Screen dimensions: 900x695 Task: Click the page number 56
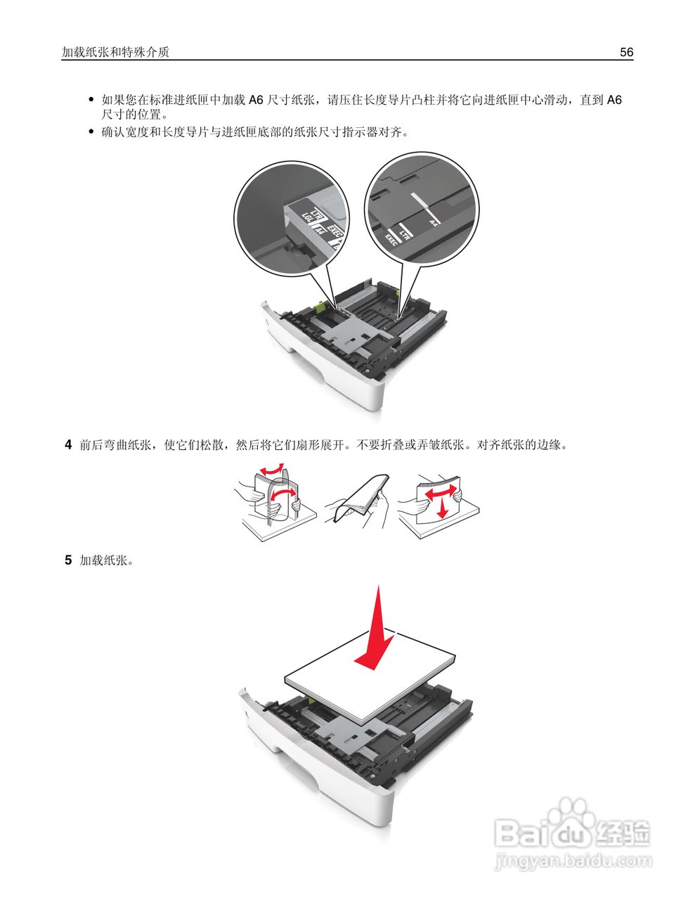click(626, 52)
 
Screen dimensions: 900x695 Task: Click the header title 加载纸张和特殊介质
click(115, 52)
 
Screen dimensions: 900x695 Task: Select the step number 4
click(68, 444)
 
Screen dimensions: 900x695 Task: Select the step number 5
click(68, 560)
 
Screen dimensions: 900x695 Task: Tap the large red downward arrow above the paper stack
click(377, 633)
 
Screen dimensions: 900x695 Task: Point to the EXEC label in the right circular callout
click(391, 240)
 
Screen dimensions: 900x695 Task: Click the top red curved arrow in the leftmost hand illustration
click(273, 469)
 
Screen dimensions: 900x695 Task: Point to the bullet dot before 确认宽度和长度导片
click(91, 131)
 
